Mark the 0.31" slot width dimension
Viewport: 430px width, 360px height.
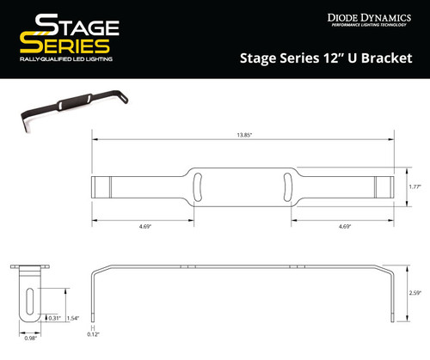point(55,318)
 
